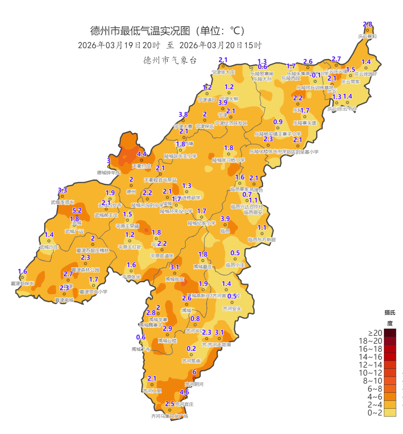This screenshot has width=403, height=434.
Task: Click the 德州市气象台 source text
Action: tap(170, 60)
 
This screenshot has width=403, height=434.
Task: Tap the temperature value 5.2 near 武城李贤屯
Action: tap(77, 211)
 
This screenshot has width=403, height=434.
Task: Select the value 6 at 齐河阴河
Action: tap(194, 372)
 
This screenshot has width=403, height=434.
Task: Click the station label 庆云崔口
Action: tap(367, 37)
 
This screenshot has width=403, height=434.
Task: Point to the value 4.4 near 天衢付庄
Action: tap(142, 154)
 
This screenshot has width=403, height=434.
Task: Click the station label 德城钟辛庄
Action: tap(109, 173)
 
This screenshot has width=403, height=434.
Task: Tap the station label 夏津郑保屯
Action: tap(22, 284)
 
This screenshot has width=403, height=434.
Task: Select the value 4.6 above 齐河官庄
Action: tap(184, 392)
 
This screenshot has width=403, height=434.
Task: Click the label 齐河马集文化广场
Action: tap(169, 416)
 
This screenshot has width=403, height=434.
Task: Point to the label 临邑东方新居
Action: tap(262, 240)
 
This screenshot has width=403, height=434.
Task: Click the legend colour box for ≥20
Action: tap(390, 333)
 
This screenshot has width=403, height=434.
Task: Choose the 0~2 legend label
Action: tap(375, 413)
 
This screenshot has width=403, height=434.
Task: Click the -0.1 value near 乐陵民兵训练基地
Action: tap(316, 75)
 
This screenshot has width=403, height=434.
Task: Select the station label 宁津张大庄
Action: tap(223, 72)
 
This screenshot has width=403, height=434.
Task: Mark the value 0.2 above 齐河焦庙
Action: tap(191, 349)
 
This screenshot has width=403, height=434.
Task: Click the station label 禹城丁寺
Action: tap(141, 349)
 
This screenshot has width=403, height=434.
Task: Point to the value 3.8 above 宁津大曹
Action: tap(183, 114)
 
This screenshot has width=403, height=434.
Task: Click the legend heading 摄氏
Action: tap(390, 312)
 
